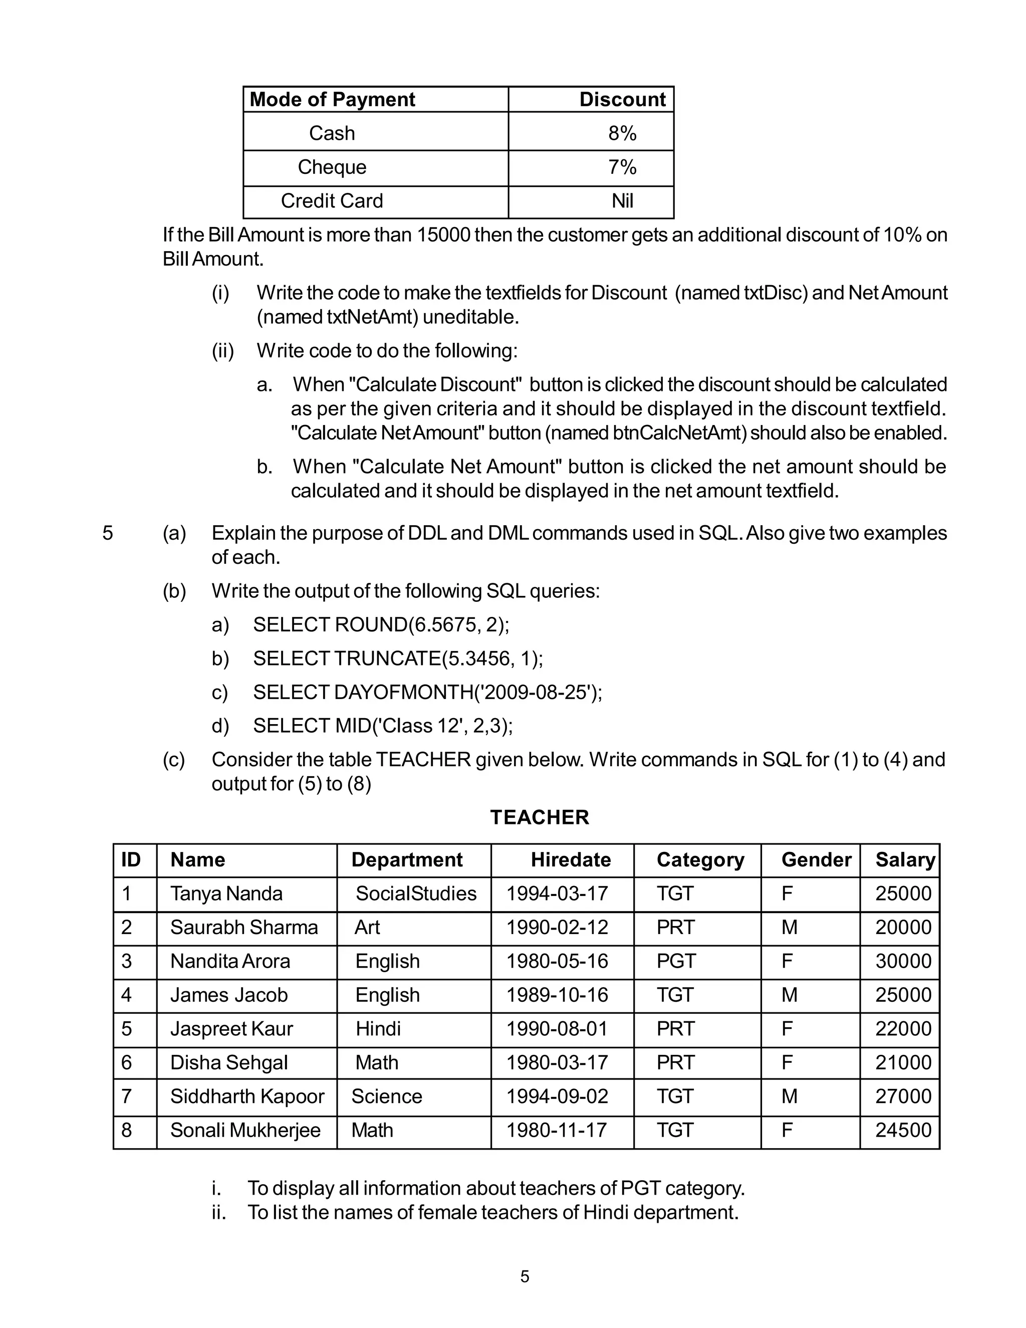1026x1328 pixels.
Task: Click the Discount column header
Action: [622, 99]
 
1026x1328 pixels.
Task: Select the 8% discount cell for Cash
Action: [622, 133]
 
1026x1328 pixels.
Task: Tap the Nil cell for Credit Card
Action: [622, 200]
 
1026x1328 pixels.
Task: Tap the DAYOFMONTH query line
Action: [427, 692]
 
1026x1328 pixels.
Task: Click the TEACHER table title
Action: [539, 817]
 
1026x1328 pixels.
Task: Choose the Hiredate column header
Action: [570, 860]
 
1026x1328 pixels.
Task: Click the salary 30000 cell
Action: [903, 961]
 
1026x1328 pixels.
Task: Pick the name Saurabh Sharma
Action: [244, 927]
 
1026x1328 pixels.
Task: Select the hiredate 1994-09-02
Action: [557, 1096]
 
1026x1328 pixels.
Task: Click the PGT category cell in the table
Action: [675, 961]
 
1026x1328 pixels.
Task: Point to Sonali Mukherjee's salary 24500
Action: [903, 1130]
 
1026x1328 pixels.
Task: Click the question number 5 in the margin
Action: [108, 533]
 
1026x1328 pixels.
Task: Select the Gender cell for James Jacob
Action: [789, 995]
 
